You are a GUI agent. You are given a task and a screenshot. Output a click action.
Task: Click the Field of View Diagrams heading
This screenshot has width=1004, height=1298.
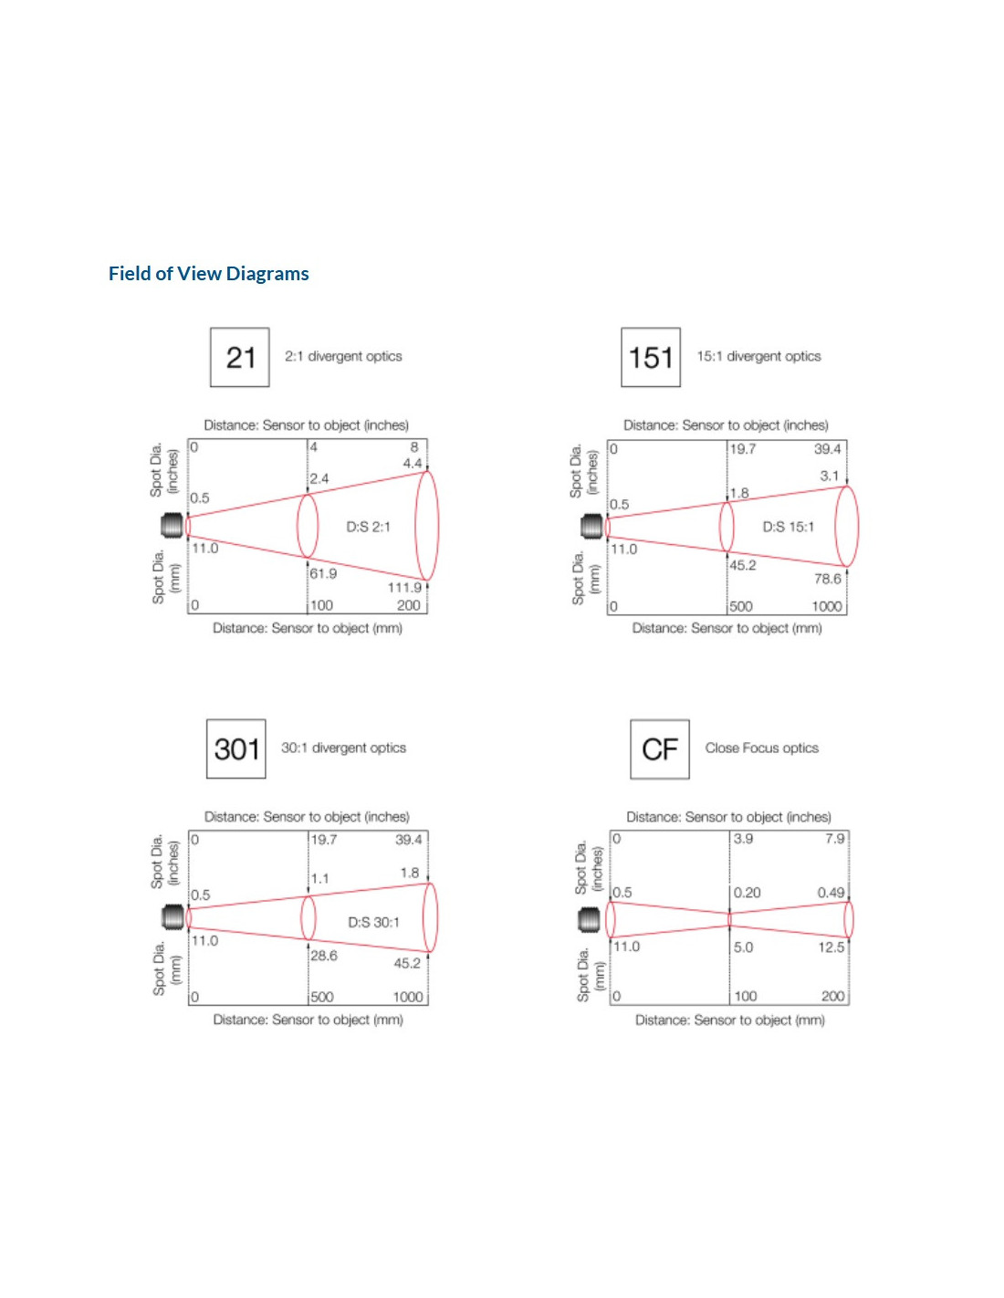pyautogui.click(x=208, y=274)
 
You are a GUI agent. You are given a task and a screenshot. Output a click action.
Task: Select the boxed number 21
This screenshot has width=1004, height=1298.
pyautogui.click(x=240, y=358)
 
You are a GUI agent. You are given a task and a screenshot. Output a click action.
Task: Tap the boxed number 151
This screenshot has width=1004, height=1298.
pyautogui.click(x=651, y=358)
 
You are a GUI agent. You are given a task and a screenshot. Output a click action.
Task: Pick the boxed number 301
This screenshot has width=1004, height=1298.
pyautogui.click(x=236, y=749)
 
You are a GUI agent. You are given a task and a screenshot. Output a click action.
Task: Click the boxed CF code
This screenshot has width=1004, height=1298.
pyautogui.click(x=660, y=749)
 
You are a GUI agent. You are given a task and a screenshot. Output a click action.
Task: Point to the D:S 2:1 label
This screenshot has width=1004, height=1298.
pyautogui.click(x=368, y=527)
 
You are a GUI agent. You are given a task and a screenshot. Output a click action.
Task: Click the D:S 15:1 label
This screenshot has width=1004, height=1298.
pyautogui.click(x=789, y=527)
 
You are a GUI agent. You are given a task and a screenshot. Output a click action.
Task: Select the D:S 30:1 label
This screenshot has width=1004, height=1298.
pyautogui.click(x=374, y=922)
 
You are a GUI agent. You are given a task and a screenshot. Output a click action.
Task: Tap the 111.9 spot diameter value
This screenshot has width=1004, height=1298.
pyautogui.click(x=404, y=588)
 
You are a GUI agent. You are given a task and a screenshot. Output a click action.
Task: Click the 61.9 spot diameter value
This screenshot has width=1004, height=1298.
pyautogui.click(x=323, y=574)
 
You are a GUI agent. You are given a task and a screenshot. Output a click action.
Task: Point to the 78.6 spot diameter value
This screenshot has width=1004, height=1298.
pyautogui.click(x=827, y=579)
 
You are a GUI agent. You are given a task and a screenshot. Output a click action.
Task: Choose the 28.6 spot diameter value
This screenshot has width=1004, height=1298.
pyautogui.click(x=324, y=956)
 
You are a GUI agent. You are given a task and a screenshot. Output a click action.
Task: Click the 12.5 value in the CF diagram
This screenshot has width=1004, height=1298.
pyautogui.click(x=831, y=947)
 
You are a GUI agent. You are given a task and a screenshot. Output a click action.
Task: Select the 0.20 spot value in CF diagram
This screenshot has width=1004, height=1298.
pyautogui.click(x=748, y=893)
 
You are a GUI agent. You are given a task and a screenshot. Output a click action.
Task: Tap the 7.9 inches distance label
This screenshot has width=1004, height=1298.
pyautogui.click(x=835, y=839)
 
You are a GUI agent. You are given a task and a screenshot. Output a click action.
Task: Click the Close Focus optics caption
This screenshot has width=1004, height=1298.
pyautogui.click(x=761, y=748)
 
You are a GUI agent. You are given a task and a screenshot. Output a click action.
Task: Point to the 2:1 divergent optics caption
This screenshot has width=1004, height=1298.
pyautogui.click(x=343, y=357)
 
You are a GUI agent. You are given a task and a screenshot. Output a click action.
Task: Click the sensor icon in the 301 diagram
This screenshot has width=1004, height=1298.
pyautogui.click(x=173, y=916)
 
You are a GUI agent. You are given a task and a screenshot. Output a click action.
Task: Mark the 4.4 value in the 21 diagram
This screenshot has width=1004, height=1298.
pyautogui.click(x=413, y=464)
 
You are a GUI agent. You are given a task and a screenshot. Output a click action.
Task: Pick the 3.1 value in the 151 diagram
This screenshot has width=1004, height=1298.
pyautogui.click(x=829, y=476)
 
